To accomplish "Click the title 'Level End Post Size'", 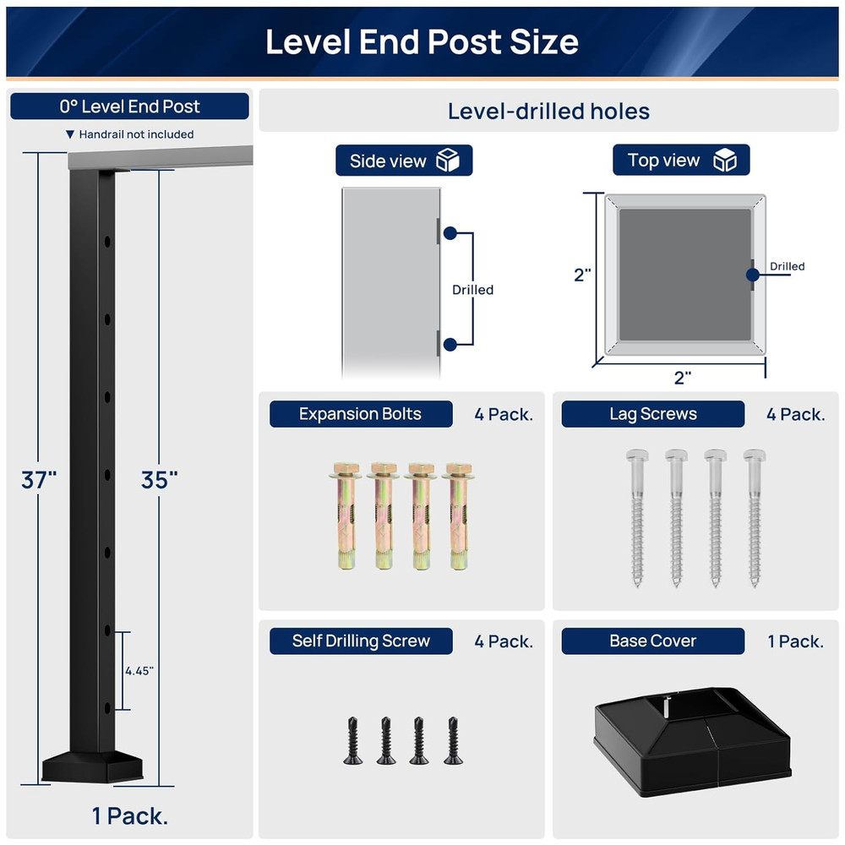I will click(422, 41).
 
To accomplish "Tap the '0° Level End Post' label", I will click(129, 106).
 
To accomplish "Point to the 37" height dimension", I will click(39, 479).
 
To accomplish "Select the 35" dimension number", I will click(160, 479).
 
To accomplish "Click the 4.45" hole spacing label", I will click(139, 671).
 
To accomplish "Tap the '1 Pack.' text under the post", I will click(130, 816).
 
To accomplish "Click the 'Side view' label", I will click(388, 161).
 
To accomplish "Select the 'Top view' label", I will click(664, 161).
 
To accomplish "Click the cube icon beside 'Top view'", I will click(725, 161).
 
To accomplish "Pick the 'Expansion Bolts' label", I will click(360, 414).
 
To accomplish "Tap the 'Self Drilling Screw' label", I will click(361, 641).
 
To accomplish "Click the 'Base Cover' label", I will click(652, 641).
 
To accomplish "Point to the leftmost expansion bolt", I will click(346, 515).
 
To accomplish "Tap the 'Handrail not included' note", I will click(135, 134).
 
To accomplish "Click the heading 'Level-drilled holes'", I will click(548, 112).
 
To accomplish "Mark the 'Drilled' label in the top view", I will click(787, 267).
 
